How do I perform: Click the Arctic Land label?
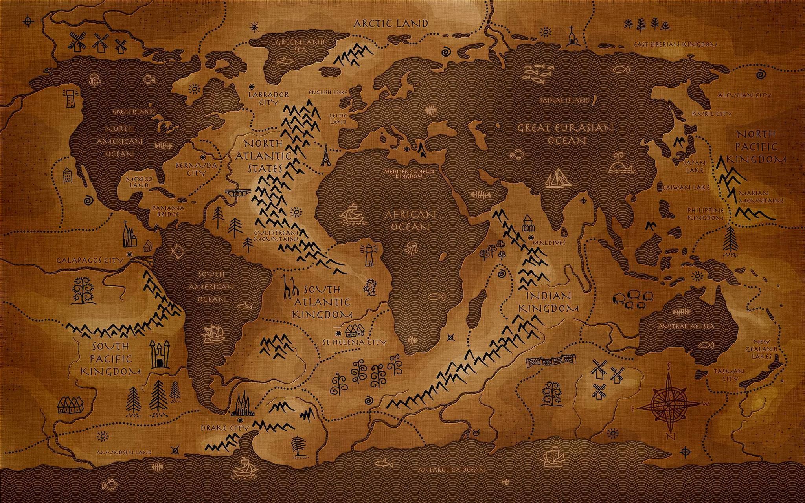click(x=391, y=23)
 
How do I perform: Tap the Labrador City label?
click(x=269, y=98)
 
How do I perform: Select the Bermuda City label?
click(x=196, y=169)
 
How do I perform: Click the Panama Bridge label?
click(x=168, y=211)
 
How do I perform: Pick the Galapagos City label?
click(x=90, y=260)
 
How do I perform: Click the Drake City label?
click(x=225, y=428)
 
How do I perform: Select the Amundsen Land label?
click(x=124, y=452)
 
